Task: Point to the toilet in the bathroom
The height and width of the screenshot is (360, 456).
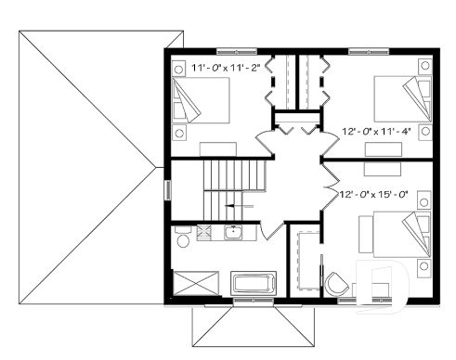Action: pyautogui.click(x=183, y=241)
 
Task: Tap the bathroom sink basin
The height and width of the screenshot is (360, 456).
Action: pyautogui.click(x=233, y=232)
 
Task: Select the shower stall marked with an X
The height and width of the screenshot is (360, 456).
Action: pyautogui.click(x=195, y=282)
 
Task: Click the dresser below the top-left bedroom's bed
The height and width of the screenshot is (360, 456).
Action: pyautogui.click(x=219, y=148)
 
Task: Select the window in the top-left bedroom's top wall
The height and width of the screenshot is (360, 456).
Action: pyautogui.click(x=230, y=49)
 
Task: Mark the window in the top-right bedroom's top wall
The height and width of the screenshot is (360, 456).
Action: pyautogui.click(x=361, y=49)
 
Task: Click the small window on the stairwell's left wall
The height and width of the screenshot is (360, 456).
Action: pyautogui.click(x=168, y=189)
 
